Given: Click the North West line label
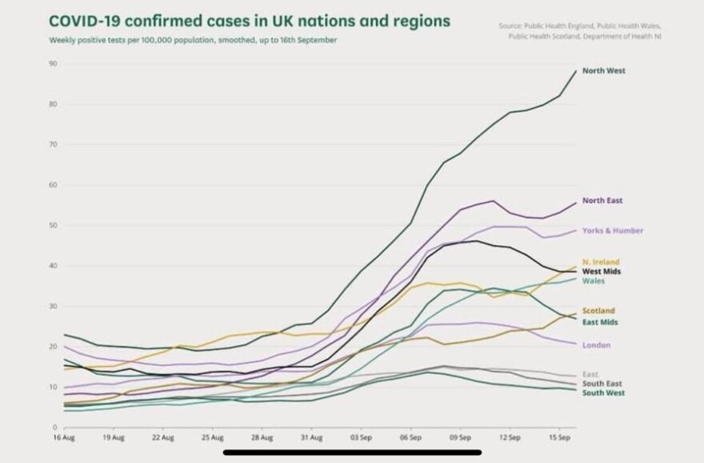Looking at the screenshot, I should pos(603,70).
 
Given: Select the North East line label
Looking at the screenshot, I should pos(602,200).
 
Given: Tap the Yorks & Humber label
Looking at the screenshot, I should pos(612,231).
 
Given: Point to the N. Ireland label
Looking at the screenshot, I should pos(601,262).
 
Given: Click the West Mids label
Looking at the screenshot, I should pos(602,272).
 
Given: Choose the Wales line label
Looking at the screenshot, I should pos(594,281).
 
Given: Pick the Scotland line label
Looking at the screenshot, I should pos(598,311).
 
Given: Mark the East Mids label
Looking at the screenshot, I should pos(600,322).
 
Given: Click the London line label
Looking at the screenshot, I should pos(596,345).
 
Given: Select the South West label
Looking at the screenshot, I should pos(603,393).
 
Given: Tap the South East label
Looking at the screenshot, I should pos(602,384).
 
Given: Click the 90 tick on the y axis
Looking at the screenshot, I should pos(52,63).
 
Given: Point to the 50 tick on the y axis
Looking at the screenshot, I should pos(52,225).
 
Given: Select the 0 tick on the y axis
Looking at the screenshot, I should pos(54,427).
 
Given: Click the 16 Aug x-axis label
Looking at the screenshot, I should pos(63,439).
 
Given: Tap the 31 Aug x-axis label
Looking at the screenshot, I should pos(310,439).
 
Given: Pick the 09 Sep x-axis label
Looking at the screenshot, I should pos(459,439).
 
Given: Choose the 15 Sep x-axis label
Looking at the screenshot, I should pos(558,439).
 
